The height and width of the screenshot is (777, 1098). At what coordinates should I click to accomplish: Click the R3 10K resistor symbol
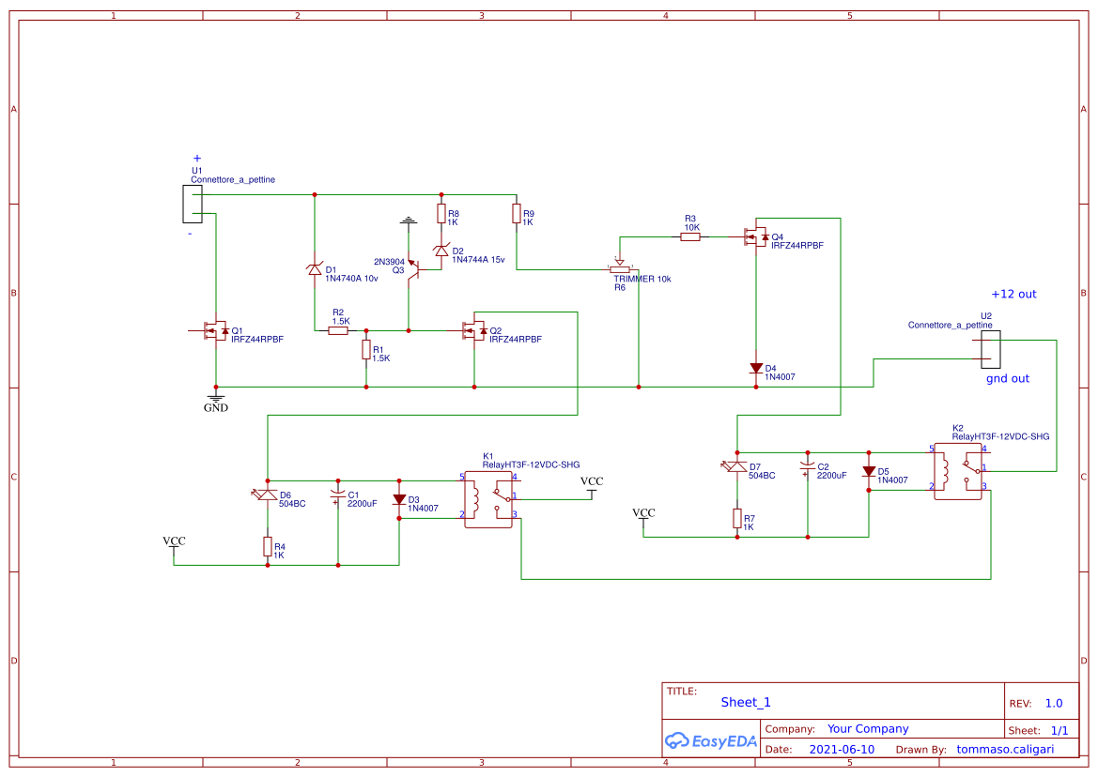689,237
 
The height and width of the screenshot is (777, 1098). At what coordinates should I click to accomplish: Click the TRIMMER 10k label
642,279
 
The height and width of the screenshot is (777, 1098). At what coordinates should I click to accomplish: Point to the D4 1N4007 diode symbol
756,369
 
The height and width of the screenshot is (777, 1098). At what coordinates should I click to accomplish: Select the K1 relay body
488,498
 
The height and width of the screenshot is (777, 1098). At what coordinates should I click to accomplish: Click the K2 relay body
958,470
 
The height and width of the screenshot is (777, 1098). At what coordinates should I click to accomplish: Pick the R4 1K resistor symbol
268,546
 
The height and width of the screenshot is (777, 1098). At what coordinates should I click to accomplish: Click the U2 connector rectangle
990,349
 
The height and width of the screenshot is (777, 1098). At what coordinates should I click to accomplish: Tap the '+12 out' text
1013,294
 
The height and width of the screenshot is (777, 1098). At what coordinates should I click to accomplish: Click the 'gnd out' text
1007,378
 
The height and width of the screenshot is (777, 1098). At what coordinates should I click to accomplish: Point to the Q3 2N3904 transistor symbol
415,269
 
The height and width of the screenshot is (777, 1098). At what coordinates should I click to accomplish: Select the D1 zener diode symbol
315,269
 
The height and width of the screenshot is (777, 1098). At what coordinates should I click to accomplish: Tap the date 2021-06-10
842,750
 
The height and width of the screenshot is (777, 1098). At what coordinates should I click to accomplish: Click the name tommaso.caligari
1004,750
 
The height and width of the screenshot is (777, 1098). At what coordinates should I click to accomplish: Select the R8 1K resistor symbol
441,215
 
